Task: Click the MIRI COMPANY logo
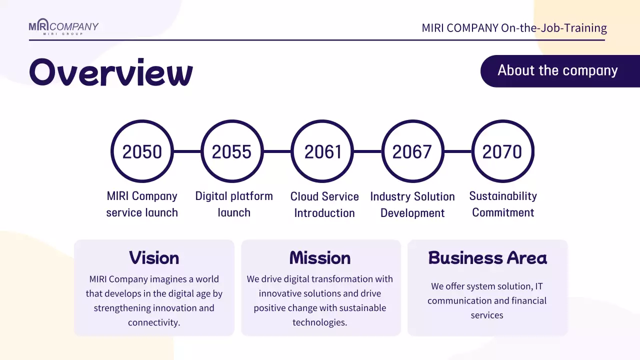[63, 26]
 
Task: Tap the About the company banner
[560, 71]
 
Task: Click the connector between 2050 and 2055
[187, 151]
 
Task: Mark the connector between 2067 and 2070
[458, 151]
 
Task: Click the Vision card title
[154, 258]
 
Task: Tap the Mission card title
[320, 258]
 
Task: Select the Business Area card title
[487, 258]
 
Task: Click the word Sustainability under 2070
[503, 196]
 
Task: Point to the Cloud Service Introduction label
[324, 205]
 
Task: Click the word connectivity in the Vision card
[154, 322]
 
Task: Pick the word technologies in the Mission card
[320, 322]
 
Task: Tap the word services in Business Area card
[487, 315]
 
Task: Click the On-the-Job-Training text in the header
[554, 28]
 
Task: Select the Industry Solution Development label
[412, 205]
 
